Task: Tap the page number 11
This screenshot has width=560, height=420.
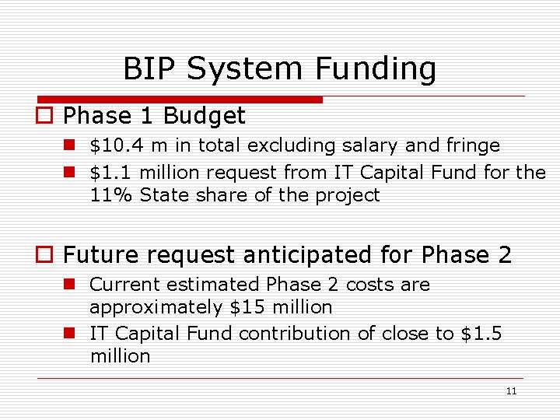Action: [x=510, y=391]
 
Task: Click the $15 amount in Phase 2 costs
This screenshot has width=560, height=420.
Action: [x=247, y=307]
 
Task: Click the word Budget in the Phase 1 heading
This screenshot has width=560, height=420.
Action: [x=204, y=117]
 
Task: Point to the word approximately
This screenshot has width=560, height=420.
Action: [x=157, y=307]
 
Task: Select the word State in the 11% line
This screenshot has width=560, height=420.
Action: [x=161, y=195]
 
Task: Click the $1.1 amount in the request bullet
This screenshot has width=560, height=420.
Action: [x=111, y=172]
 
